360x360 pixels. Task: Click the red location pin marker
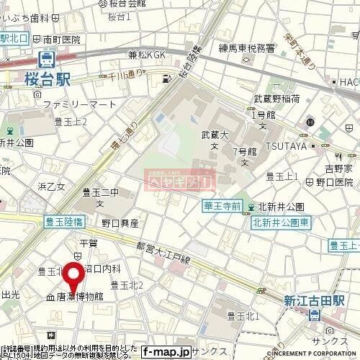coord(73,277)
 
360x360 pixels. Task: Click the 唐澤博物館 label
coord(79,296)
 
